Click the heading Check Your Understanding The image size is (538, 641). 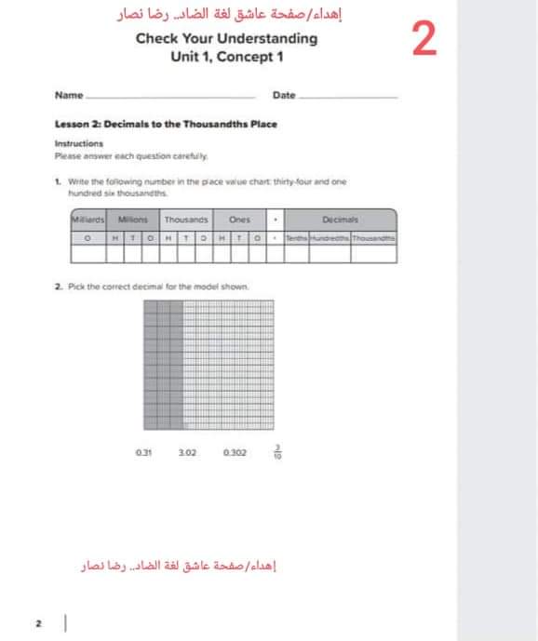226,39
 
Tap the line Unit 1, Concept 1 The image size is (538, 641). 226,57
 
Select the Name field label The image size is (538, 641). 68,96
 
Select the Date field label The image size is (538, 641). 284,96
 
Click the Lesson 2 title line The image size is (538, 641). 166,124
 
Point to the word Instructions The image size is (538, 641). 79,144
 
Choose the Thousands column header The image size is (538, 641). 186,220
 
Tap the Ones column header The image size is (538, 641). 239,220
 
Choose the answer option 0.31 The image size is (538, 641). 143,453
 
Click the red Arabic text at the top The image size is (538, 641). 227,14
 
